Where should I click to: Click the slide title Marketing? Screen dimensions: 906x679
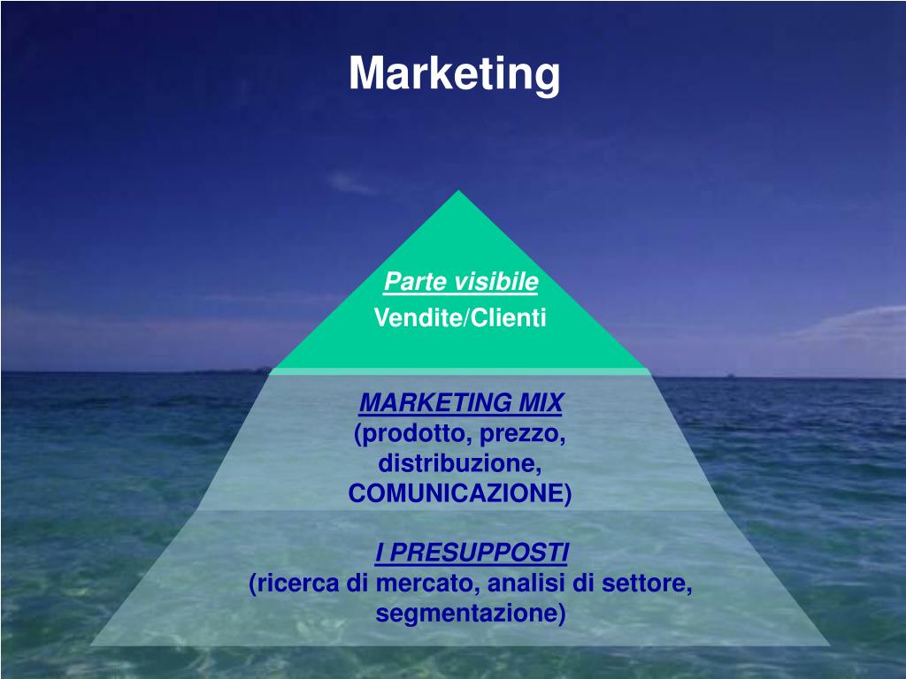tap(454, 74)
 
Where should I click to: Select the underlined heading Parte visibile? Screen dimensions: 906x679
tap(461, 282)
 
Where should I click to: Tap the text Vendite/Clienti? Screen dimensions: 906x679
tap(460, 317)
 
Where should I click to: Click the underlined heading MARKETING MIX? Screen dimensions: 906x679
tap(460, 404)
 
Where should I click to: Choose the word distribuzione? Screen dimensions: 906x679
tap(459, 463)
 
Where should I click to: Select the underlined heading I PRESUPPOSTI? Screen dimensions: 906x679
tap(472, 553)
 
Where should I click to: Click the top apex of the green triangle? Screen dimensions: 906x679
tap(458, 192)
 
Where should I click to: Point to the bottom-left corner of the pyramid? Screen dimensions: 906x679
tap(91, 645)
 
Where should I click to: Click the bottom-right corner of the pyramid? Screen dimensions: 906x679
tap(829, 645)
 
